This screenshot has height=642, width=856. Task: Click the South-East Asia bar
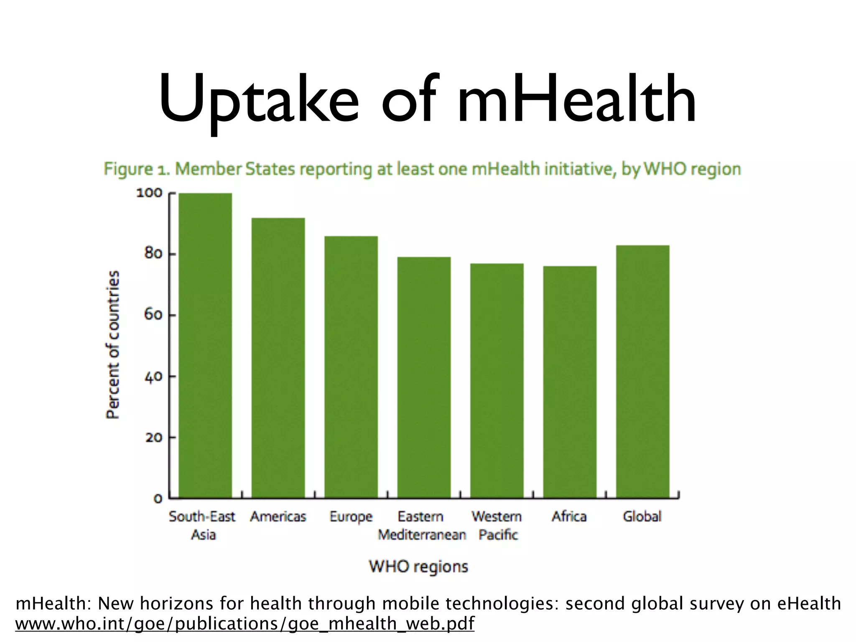coord(205,345)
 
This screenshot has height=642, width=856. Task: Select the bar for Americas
coord(278,358)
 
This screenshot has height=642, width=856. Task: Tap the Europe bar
coord(351,367)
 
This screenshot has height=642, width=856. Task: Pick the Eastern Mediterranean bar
coord(424,377)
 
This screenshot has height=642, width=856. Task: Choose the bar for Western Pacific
coord(497,380)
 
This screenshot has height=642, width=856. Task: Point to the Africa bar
coord(570,382)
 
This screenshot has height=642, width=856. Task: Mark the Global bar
coord(642,372)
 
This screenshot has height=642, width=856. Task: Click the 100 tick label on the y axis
coord(149,193)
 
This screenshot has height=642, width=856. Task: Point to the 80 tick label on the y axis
coord(153,254)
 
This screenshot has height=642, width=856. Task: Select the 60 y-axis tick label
coord(153,315)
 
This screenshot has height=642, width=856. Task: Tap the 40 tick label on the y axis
coord(153,376)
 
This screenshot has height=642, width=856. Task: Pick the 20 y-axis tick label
coord(153,438)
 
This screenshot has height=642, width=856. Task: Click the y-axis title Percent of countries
coord(113,344)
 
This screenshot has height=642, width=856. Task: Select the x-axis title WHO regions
coord(418,567)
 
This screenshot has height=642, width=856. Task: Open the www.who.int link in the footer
coord(245,624)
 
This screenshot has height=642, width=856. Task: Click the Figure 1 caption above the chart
coord(422,169)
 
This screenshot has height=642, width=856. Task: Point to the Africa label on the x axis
coord(569,517)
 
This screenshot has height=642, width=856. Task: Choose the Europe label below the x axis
coord(351,517)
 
